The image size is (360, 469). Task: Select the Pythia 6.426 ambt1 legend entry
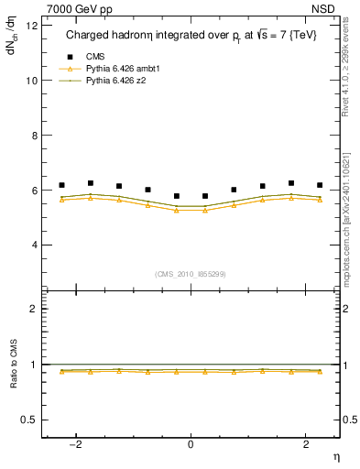(x=115, y=70)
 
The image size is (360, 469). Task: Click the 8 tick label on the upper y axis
(x=33, y=136)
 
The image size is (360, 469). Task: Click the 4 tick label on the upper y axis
(x=33, y=245)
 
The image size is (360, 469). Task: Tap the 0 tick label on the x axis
(x=191, y=444)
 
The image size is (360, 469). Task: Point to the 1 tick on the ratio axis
(x=33, y=365)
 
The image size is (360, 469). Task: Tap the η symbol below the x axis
(x=334, y=456)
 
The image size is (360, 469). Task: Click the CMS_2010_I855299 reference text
(x=191, y=274)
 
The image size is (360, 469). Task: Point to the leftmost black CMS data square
(x=61, y=185)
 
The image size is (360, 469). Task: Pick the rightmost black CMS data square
(x=320, y=185)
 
